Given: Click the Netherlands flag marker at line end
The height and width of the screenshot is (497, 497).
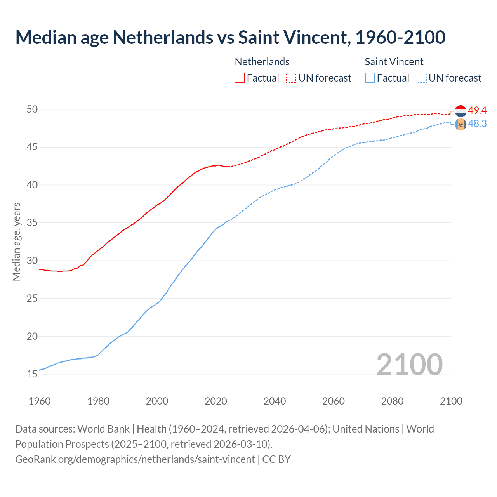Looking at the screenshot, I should point(461,111).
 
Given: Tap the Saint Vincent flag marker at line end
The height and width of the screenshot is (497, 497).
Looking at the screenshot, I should point(461,124).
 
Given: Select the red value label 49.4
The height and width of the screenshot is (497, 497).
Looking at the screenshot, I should point(477,110).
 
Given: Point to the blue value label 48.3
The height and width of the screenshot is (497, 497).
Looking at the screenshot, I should point(477,123).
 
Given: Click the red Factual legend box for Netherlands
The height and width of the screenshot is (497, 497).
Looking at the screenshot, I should point(240,78).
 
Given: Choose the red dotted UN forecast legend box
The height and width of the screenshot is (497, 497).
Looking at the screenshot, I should point(291,78).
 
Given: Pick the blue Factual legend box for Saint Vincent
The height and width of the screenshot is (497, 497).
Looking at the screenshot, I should point(370,78).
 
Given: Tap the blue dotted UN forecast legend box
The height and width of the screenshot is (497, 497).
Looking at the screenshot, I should point(422,78).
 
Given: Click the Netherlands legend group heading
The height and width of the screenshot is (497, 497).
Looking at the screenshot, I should point(262,62).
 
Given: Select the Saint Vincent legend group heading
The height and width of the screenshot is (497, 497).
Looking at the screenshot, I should point(394,62).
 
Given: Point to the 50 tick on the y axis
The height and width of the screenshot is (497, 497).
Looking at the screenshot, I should point(32,109).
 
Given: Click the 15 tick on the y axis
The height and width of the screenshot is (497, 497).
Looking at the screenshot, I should point(32,374).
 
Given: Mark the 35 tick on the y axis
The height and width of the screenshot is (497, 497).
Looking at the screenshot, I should point(32,223).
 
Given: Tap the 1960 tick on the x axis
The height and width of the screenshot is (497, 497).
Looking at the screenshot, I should point(40,401).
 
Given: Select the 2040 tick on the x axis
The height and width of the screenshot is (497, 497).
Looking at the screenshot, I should point(275,401).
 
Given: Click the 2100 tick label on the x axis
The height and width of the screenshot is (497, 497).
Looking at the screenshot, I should point(451,401).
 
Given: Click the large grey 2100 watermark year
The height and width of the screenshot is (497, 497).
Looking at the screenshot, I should point(410,364).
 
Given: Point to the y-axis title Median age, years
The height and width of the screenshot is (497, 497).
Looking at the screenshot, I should point(16,242).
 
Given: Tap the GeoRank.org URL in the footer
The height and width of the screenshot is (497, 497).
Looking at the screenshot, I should point(135,459).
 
